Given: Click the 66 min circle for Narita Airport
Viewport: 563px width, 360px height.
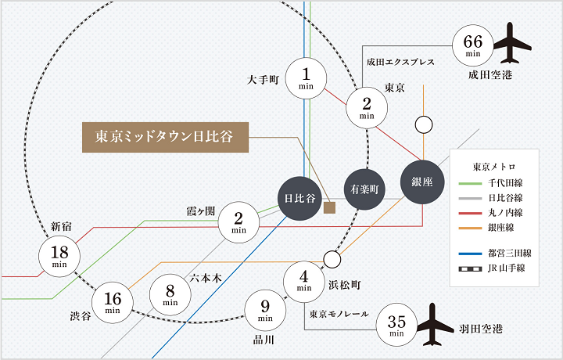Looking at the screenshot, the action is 472,45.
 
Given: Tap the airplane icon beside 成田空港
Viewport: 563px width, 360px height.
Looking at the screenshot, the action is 512,43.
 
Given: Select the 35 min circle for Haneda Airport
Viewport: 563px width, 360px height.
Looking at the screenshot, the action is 396,325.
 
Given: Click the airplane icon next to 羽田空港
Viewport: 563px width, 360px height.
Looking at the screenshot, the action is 435,325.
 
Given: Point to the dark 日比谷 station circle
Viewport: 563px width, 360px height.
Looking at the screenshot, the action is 300,198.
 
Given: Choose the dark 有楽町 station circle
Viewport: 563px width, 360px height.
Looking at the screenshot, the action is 364,189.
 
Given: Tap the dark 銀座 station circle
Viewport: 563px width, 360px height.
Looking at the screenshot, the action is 422,182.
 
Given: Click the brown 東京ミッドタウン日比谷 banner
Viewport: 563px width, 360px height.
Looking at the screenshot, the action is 166,137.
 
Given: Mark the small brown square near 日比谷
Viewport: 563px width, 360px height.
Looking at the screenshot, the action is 330,207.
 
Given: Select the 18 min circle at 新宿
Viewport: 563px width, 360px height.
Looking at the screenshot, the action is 59,256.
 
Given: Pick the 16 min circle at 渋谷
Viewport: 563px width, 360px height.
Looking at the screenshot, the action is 113,302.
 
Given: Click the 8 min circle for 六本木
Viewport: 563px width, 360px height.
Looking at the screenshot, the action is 170,294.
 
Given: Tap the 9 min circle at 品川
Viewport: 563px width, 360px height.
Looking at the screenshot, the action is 265,311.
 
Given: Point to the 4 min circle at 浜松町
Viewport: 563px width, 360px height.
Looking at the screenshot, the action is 304,282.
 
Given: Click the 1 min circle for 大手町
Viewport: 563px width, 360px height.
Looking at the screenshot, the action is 306,78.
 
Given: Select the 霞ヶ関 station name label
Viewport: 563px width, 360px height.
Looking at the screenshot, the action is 201,211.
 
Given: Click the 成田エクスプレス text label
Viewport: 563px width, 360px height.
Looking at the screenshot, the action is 400,62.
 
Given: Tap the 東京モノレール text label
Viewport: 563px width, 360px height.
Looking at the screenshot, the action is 339,314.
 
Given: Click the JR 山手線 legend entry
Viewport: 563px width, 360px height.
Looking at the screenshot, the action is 492,268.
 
